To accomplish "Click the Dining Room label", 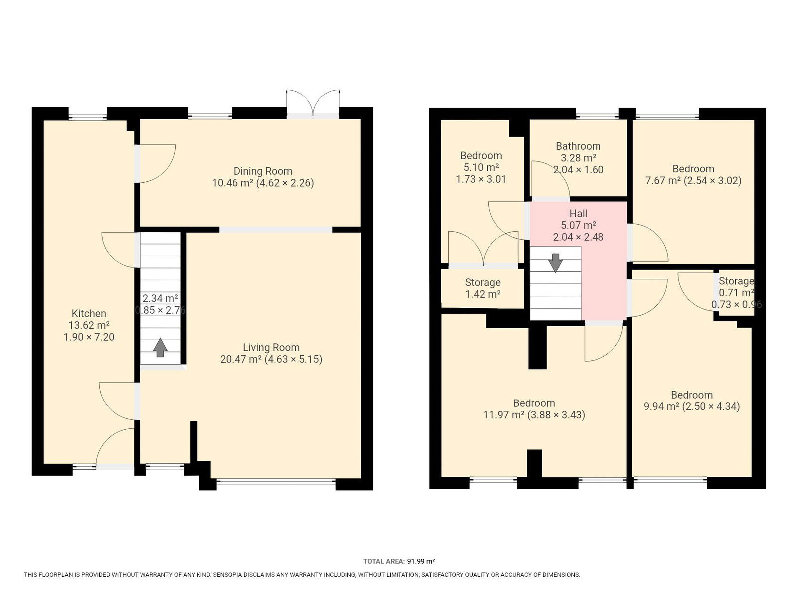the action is pyautogui.click(x=262, y=171).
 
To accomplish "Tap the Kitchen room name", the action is pyautogui.click(x=89, y=313).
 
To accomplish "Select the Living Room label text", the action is pyautogui.click(x=271, y=347).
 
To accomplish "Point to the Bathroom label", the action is pyautogui.click(x=578, y=146).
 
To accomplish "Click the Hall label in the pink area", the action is pyautogui.click(x=578, y=213).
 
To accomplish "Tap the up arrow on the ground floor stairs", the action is pyautogui.click(x=160, y=347).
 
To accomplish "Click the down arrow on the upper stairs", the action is pyautogui.click(x=555, y=263).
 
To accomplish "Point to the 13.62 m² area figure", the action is pyautogui.click(x=89, y=325).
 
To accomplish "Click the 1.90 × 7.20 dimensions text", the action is pyautogui.click(x=89, y=337).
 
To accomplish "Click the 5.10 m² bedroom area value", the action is pyautogui.click(x=481, y=167).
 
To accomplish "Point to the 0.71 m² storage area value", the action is pyautogui.click(x=736, y=293).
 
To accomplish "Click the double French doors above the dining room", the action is pyautogui.click(x=313, y=103).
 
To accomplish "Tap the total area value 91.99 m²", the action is pyautogui.click(x=421, y=561).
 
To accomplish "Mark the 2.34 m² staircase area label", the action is pyautogui.click(x=160, y=298).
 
